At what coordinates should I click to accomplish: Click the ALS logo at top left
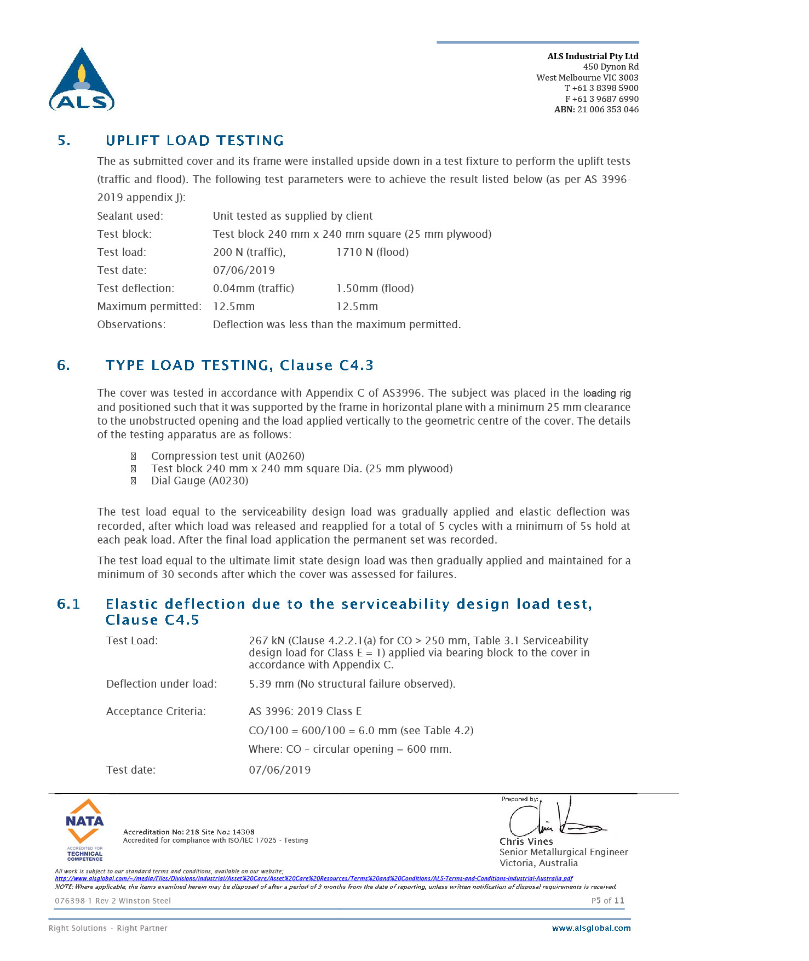(x=82, y=80)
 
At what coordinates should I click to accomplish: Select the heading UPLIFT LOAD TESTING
(x=194, y=141)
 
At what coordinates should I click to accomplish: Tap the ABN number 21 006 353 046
(x=607, y=110)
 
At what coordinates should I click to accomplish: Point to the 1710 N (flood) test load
(x=372, y=252)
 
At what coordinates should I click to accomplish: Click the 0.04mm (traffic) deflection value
(x=253, y=288)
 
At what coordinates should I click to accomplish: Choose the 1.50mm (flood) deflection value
(x=375, y=288)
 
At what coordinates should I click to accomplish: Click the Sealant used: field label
(x=130, y=216)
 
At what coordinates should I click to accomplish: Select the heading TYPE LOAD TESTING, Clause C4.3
(x=239, y=365)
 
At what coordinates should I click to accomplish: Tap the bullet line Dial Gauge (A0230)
(x=199, y=481)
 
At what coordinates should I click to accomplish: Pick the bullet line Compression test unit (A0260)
(x=227, y=456)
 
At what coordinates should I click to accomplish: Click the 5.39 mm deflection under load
(x=271, y=684)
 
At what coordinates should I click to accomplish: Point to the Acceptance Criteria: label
(x=156, y=711)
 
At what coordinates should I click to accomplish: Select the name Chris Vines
(x=526, y=842)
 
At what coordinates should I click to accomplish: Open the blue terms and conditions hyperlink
(x=313, y=878)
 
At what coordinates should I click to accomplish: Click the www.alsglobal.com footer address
(x=591, y=928)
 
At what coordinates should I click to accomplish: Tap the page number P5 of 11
(x=607, y=901)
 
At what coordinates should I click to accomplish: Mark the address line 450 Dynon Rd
(x=610, y=67)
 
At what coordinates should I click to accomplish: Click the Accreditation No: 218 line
(x=188, y=832)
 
